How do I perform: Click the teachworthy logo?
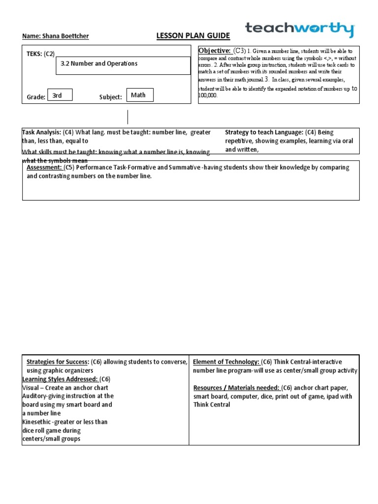(x=299, y=29)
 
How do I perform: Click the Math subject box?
(x=140, y=95)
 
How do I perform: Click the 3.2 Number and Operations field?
(x=123, y=65)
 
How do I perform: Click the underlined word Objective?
(x=215, y=51)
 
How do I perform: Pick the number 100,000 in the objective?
(x=208, y=95)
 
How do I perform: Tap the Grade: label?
(x=36, y=97)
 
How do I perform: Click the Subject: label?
(x=110, y=97)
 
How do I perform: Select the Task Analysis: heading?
(x=41, y=132)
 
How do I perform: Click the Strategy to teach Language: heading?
(x=264, y=132)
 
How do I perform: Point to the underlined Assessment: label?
(x=44, y=167)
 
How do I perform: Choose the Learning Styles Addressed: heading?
(x=61, y=379)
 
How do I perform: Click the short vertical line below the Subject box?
(x=128, y=117)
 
